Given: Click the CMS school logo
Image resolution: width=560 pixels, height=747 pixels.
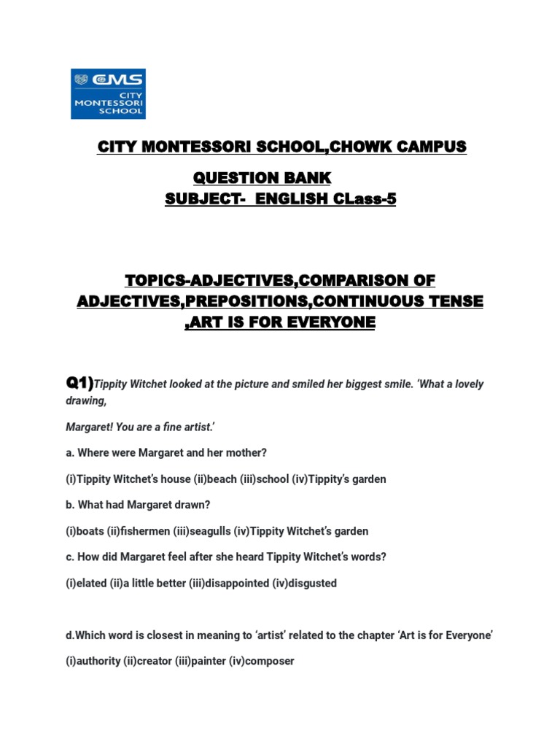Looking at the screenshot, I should (x=108, y=94).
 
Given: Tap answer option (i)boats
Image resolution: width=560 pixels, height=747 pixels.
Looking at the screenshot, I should (x=86, y=531).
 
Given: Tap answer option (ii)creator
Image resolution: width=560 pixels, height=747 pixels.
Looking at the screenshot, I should (x=149, y=662).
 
